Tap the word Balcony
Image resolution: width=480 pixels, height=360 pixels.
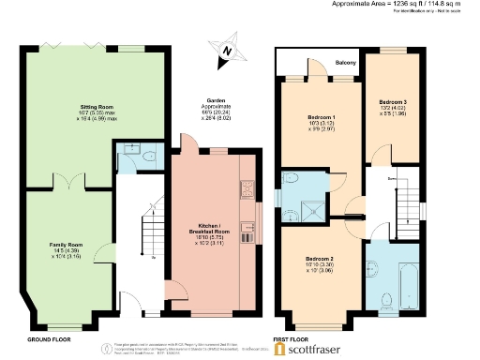pos(346,63)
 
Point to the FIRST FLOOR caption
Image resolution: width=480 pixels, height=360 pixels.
pos(292,338)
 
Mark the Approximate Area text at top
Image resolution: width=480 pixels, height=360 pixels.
pos(403,5)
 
